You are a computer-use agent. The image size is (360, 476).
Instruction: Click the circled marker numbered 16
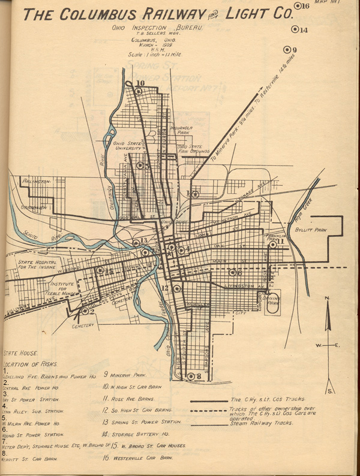point(298,6)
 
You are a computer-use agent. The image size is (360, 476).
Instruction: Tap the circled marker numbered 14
point(295,29)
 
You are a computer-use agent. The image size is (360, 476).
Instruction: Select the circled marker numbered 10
point(139,91)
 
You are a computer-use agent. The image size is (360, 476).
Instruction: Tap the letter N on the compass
point(327,298)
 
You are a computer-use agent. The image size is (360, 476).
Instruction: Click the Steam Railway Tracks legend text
point(262,424)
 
